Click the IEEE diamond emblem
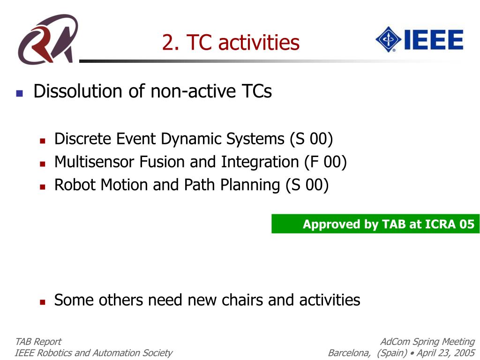(x=388, y=39)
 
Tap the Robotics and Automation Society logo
(x=47, y=39)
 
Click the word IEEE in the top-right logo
(x=434, y=39)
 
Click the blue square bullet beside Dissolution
(x=20, y=93)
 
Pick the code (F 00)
(x=325, y=162)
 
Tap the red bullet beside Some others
(x=43, y=302)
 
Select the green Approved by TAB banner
(x=375, y=224)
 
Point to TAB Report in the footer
(x=38, y=342)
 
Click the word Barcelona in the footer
(x=349, y=353)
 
